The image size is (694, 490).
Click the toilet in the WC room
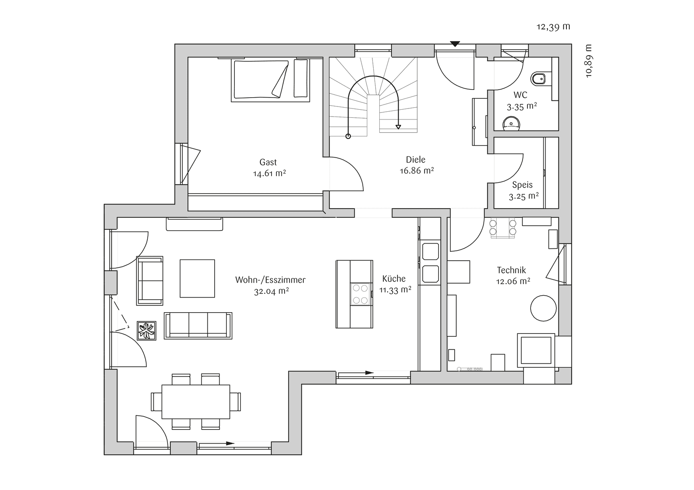click(x=538, y=79)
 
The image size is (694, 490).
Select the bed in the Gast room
click(x=270, y=80)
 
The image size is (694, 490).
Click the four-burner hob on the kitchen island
click(x=361, y=294)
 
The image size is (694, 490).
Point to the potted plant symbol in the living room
click(x=146, y=331)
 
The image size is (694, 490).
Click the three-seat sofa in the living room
click(x=198, y=325)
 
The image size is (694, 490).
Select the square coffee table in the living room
click(x=197, y=278)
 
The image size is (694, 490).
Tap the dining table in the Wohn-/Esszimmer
click(x=196, y=402)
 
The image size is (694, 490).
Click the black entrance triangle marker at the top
click(x=455, y=44)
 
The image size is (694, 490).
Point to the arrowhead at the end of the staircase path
click(x=398, y=127)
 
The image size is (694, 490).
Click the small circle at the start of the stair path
click(x=348, y=136)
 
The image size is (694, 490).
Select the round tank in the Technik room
click(x=543, y=308)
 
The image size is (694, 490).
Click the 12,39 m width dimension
click(x=553, y=27)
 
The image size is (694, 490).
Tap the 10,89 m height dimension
click(x=589, y=60)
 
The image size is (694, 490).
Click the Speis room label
click(x=523, y=185)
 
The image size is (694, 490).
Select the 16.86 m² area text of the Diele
click(x=417, y=171)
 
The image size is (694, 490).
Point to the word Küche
click(x=394, y=279)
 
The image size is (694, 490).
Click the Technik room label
click(x=512, y=270)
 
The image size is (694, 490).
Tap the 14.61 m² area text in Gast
click(x=270, y=174)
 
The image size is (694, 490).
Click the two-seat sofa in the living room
click(x=150, y=281)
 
